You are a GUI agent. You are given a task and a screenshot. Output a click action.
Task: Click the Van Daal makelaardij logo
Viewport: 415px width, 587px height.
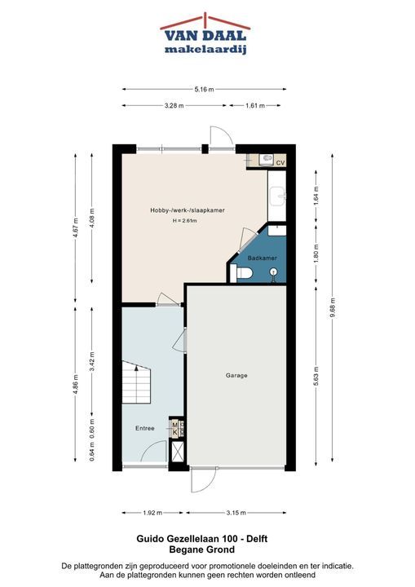click(205, 34)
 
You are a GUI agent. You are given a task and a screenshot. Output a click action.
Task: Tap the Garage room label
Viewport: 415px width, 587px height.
click(236, 375)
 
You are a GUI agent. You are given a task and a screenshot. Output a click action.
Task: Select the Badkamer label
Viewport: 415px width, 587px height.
click(263, 258)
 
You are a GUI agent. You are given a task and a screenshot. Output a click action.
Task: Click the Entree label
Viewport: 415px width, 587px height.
click(145, 428)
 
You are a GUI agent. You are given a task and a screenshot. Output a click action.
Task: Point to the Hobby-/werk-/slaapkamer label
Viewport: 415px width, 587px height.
click(188, 210)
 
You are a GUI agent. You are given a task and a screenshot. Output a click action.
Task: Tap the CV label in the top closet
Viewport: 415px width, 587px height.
click(280, 163)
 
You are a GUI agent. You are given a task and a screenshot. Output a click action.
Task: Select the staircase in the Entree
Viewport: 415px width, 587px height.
click(136, 382)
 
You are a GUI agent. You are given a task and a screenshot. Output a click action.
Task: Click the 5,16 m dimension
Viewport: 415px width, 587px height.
click(204, 89)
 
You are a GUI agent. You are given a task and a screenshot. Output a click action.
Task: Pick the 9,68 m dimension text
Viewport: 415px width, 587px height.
click(333, 307)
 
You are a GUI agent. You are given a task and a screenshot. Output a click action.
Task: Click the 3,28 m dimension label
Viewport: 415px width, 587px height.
click(174, 105)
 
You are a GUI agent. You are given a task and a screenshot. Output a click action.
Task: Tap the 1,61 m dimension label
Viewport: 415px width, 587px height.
click(255, 105)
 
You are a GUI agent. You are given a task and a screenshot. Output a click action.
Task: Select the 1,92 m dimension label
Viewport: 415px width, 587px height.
click(152, 513)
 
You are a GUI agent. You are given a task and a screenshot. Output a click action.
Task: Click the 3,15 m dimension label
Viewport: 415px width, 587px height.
click(236, 513)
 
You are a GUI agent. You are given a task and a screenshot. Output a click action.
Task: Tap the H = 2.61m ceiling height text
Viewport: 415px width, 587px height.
click(184, 221)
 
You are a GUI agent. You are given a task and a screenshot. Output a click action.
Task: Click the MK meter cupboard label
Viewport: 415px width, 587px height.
click(174, 428)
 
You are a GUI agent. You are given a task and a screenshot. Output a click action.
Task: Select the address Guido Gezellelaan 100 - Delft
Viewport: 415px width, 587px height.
click(202, 539)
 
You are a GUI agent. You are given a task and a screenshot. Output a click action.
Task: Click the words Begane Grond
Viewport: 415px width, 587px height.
click(202, 549)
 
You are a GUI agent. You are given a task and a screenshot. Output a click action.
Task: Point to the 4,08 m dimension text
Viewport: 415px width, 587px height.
click(92, 218)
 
